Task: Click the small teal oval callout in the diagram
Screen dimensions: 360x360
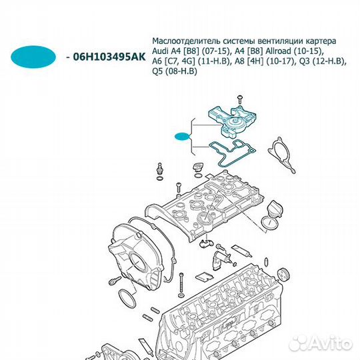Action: pyautogui.click(x=182, y=137)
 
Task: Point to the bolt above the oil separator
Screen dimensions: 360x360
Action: pyautogui.click(x=237, y=101)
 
